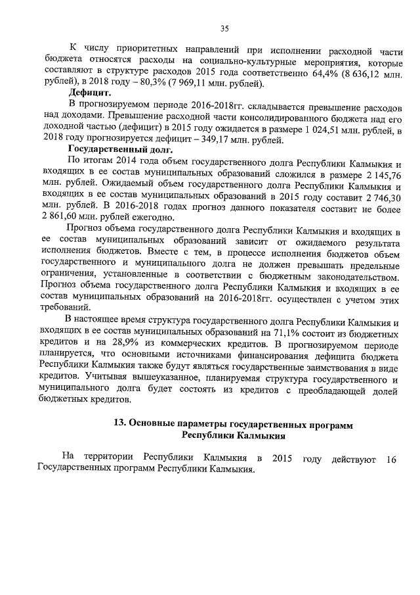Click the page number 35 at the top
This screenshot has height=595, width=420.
tap(224, 28)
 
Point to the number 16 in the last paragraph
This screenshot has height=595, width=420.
tap(392, 458)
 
